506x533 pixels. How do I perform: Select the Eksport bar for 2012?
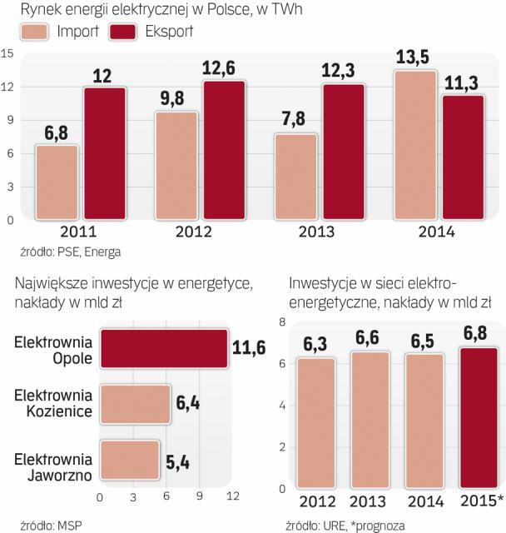tap(225, 150)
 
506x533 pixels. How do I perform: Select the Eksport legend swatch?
tap(116, 32)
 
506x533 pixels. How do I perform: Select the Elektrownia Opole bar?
tap(163, 347)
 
